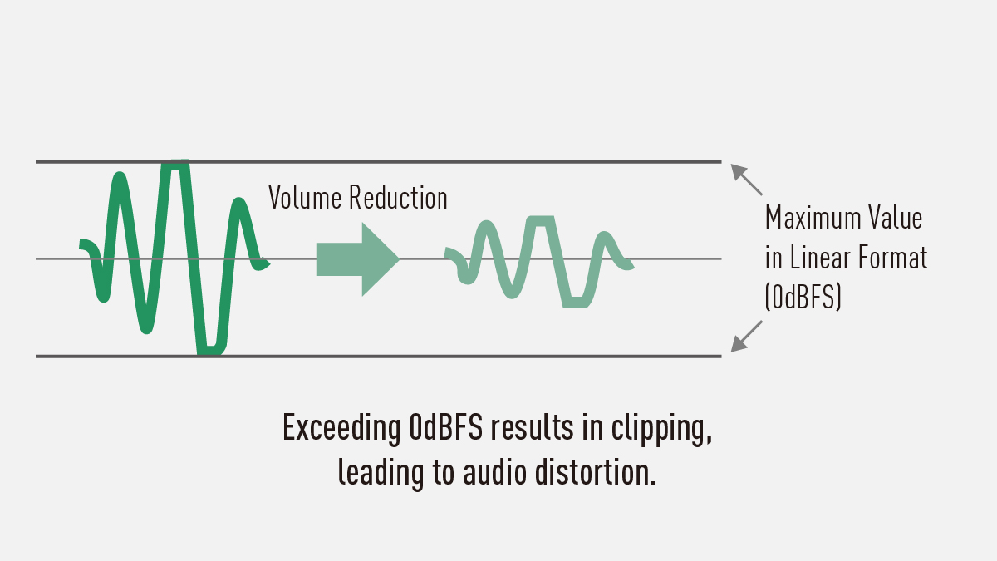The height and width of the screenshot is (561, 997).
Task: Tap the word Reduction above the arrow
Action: pyautogui.click(x=398, y=198)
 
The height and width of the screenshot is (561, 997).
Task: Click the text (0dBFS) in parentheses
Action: pyautogui.click(x=803, y=298)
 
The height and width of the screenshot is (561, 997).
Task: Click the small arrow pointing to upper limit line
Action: pyautogui.click(x=745, y=179)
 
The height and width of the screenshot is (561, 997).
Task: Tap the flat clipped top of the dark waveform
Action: pyautogui.click(x=175, y=164)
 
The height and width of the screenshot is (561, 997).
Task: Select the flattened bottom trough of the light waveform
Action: pyautogui.click(x=576, y=303)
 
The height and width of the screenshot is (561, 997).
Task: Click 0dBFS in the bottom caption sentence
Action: pyautogui.click(x=447, y=429)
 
